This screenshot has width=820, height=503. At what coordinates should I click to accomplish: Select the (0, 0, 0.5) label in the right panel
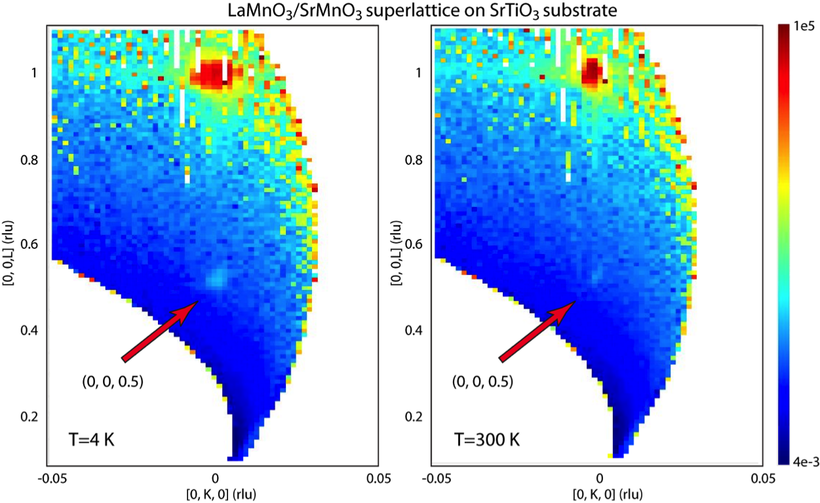(485, 381)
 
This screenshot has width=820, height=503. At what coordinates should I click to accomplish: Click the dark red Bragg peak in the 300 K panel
(592, 69)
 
